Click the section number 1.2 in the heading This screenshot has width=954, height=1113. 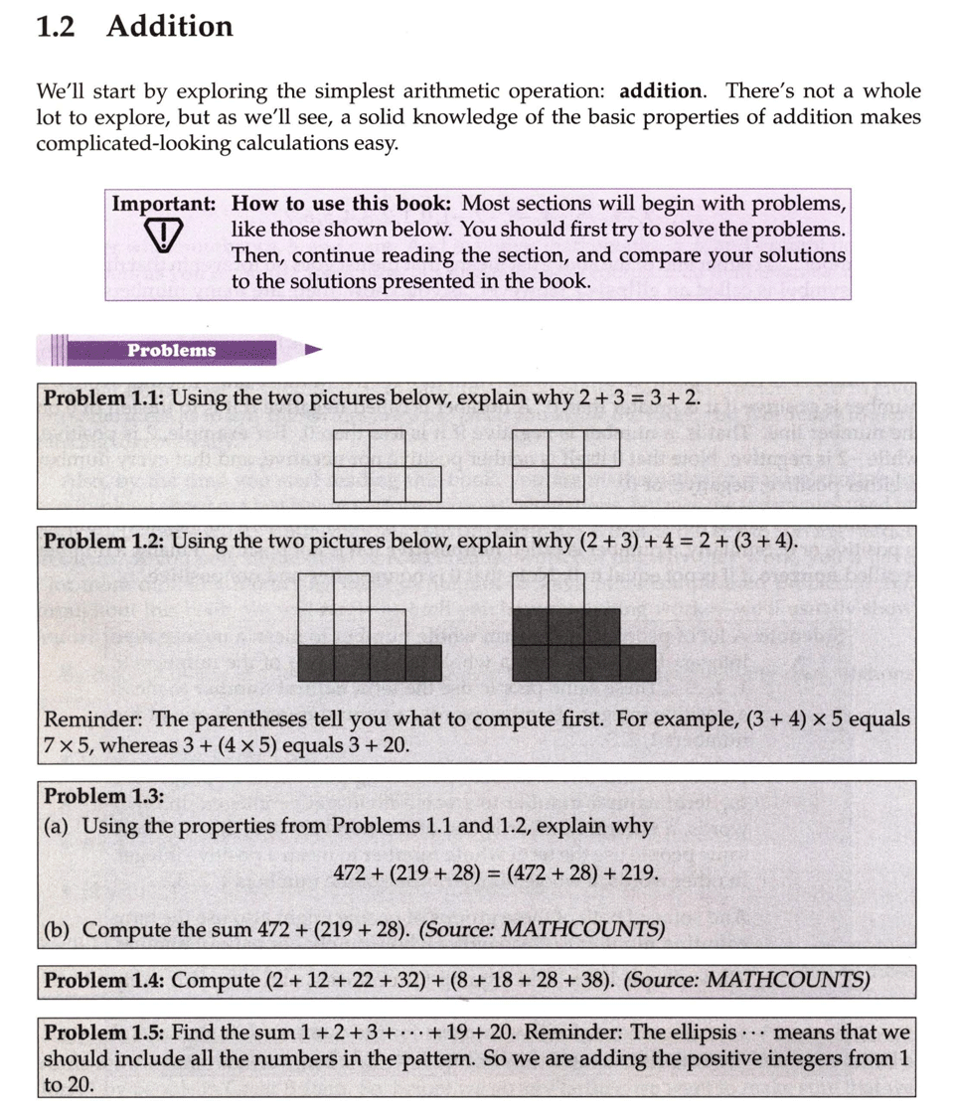[57, 27]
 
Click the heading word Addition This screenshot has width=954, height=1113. [169, 27]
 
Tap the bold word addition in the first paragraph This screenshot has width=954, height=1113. [660, 91]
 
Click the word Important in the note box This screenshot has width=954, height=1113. [162, 204]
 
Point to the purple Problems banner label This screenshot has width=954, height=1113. [171, 350]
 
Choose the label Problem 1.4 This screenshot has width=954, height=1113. [104, 981]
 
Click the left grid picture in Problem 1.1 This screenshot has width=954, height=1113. [389, 465]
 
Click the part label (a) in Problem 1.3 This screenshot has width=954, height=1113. [58, 826]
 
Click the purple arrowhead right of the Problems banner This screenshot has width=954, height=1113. [314, 350]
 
